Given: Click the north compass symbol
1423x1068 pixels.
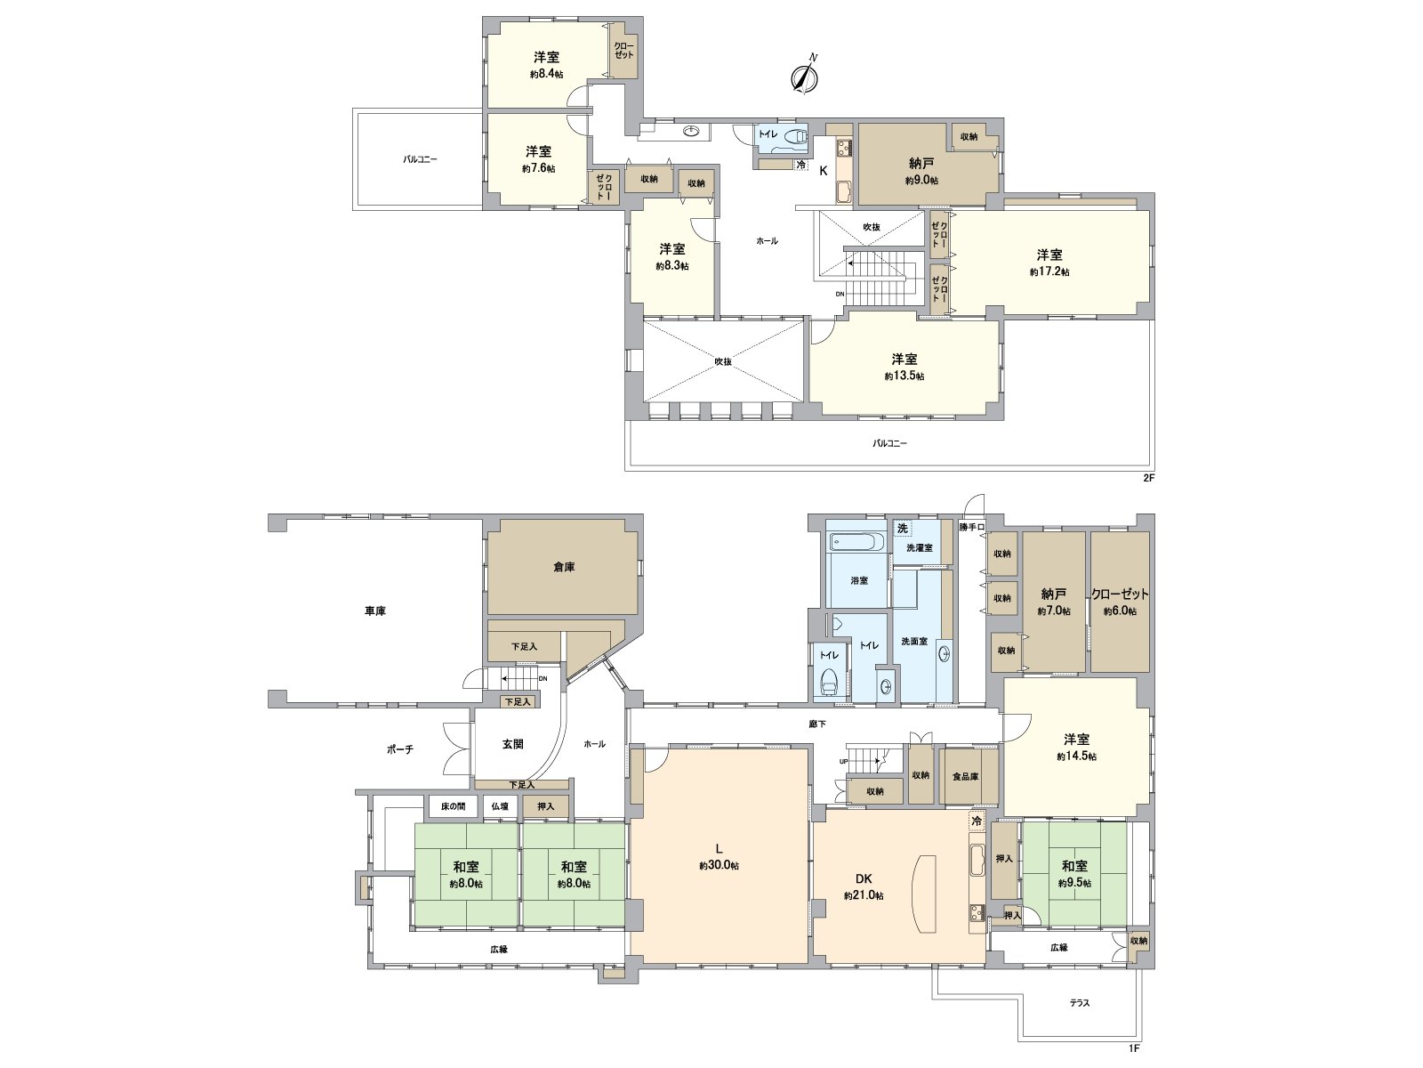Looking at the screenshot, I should (x=805, y=77).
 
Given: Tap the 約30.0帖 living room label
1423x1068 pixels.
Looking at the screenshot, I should (x=719, y=857).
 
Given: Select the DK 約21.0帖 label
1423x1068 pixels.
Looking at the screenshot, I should (x=864, y=886).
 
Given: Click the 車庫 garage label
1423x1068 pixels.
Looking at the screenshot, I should (x=375, y=611).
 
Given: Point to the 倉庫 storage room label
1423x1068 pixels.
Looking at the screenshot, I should (x=563, y=566).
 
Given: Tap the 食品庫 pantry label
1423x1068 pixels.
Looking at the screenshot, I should (x=965, y=776).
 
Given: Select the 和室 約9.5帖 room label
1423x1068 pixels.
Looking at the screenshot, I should (x=1074, y=873).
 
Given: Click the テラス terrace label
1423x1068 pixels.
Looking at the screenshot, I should (x=1080, y=1003).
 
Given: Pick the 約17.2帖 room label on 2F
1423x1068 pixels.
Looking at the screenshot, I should (x=1049, y=263).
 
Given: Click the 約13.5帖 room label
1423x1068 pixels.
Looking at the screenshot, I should (x=904, y=367).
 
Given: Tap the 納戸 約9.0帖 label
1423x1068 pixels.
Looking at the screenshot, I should (x=922, y=171).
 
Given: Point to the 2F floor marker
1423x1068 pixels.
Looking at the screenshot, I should (x=1148, y=478).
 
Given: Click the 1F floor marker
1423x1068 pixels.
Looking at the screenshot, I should (x=1134, y=1048).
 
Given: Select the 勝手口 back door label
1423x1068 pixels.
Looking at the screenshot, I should (x=971, y=527).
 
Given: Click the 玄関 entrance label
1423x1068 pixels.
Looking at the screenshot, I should (x=512, y=744).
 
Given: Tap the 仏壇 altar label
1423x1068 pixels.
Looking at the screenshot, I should (x=500, y=806).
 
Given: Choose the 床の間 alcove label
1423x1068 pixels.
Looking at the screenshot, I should (x=453, y=806).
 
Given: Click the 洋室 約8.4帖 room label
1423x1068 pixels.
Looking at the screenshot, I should (x=546, y=65).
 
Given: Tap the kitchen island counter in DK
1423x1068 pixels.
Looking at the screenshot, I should (x=925, y=893).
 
